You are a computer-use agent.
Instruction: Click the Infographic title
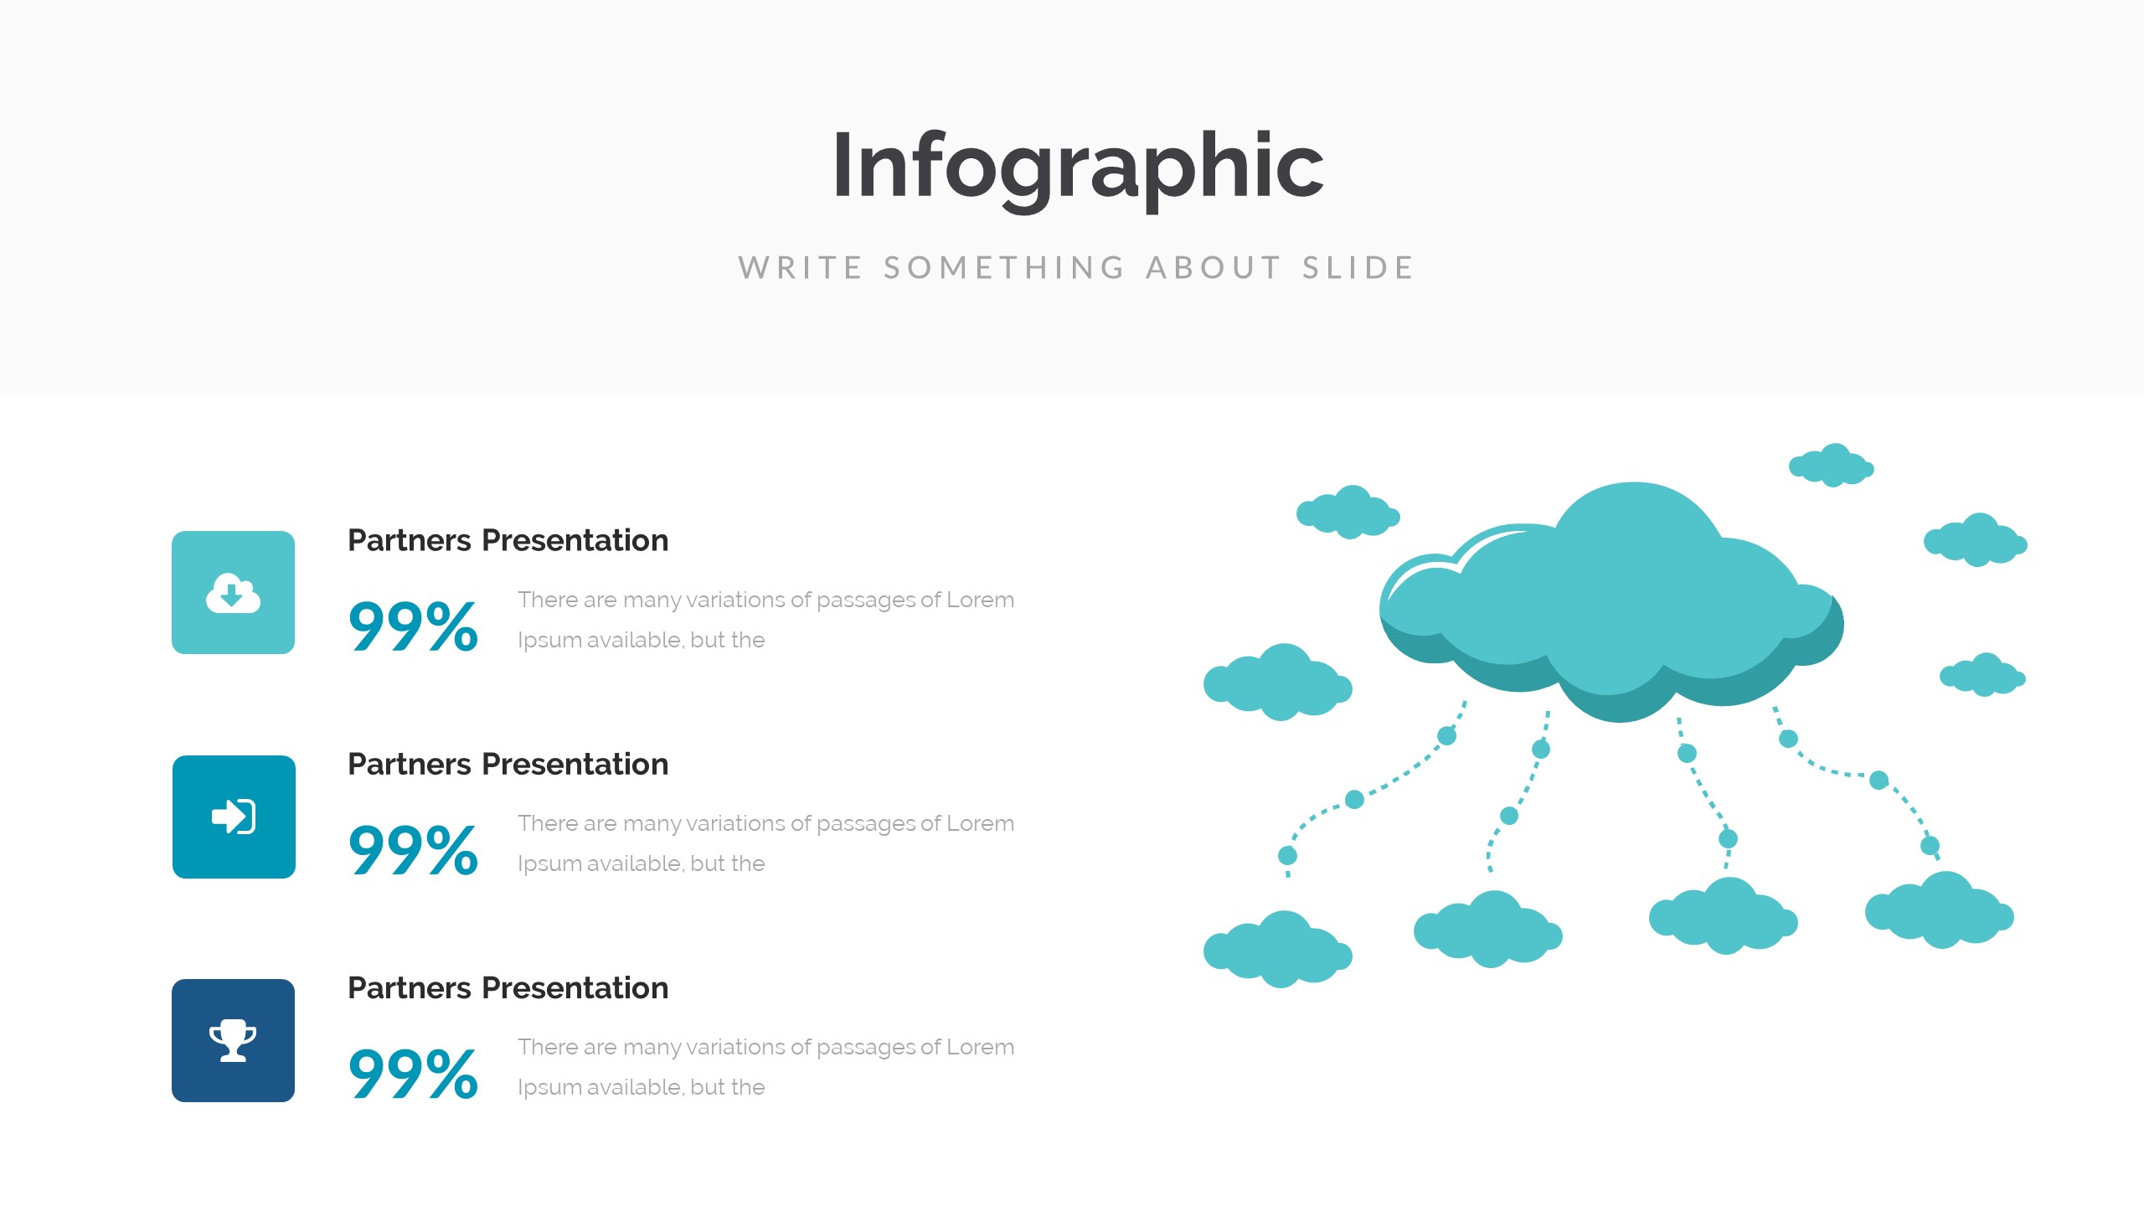coord(1078,167)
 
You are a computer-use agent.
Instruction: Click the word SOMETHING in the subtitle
coord(1004,268)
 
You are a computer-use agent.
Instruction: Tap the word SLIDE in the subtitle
coord(1358,268)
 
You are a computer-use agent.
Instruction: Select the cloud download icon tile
coord(233,592)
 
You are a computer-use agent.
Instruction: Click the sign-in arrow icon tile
coord(234,817)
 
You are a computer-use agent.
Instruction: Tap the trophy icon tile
coord(233,1040)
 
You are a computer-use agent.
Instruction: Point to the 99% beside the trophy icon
coord(413,1073)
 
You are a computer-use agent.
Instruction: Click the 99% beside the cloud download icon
coord(413,626)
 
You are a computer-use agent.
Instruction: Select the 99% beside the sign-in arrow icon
coord(413,849)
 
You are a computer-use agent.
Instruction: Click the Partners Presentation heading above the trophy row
coord(508,988)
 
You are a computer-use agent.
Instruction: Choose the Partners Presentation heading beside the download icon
coord(508,541)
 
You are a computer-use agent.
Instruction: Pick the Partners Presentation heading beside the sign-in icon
coord(508,765)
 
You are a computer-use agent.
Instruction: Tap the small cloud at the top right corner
coord(1832,466)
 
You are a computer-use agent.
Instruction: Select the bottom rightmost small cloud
coord(1940,911)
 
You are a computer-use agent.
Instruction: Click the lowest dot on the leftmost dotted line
coord(1287,855)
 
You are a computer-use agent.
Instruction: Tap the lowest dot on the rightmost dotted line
coord(1930,845)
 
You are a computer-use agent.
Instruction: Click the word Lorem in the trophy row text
coord(980,1047)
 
